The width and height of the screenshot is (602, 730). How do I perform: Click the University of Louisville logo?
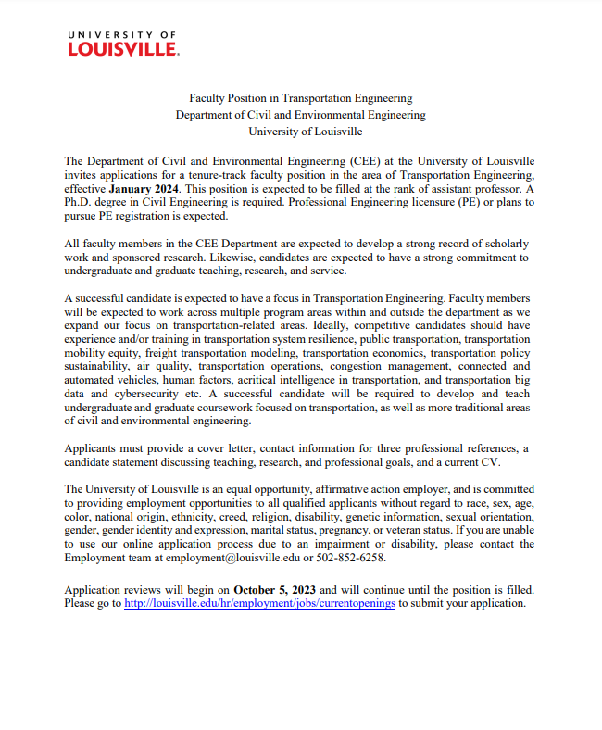tap(122, 43)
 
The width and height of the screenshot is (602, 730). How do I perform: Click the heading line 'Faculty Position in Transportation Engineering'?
tap(300, 97)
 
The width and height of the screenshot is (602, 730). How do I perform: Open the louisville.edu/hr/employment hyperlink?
tap(259, 602)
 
